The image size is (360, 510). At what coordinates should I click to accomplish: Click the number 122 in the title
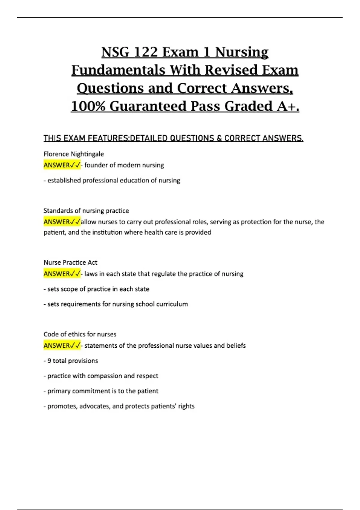pos(145,52)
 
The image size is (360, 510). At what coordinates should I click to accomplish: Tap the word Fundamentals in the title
pos(118,70)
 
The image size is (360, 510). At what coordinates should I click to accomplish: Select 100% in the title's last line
pos(88,106)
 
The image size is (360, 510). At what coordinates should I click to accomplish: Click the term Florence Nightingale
pos(73,154)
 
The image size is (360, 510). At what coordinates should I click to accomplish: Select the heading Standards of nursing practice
pos(86,211)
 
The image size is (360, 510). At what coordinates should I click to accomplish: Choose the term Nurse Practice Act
pos(70,262)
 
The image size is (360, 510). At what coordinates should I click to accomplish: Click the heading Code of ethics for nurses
pos(80,334)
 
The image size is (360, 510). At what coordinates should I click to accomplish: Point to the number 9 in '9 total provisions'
pos(49,361)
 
